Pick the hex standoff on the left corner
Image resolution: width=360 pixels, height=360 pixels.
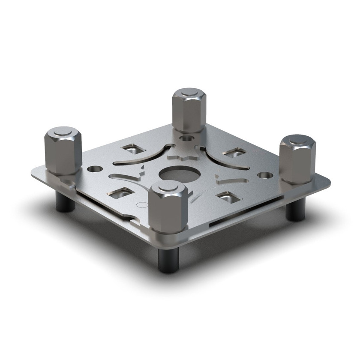coord(63,152)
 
